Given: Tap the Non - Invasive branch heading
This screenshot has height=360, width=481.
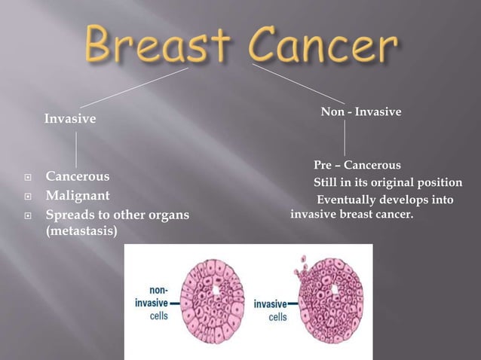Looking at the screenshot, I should coord(361,111).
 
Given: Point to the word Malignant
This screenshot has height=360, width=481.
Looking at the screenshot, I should coord(78,196).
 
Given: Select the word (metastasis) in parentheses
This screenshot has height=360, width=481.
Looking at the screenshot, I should coord(81,232).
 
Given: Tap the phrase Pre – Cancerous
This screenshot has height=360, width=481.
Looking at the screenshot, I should coord(357,165).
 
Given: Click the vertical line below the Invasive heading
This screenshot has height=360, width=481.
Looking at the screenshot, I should coord(76,148).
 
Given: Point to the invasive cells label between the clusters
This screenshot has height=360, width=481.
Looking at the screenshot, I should coord(270,309).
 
